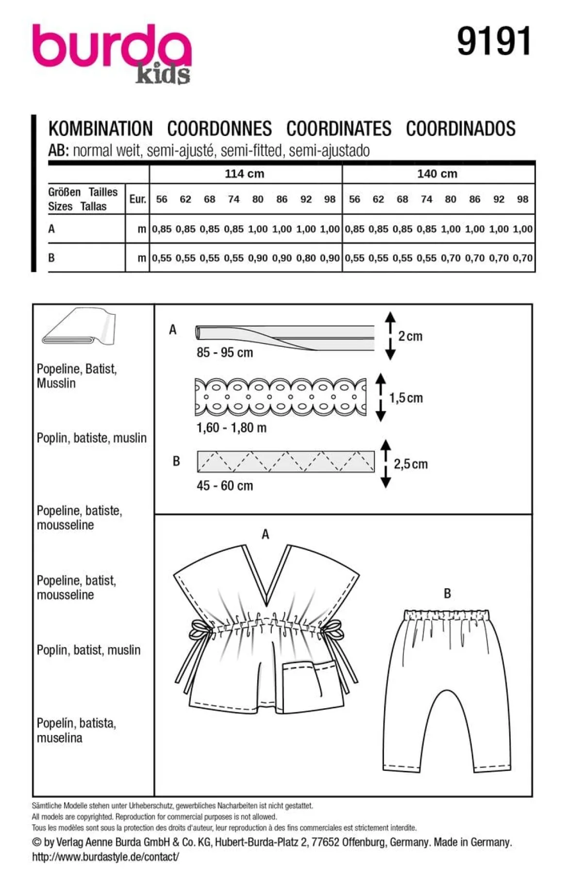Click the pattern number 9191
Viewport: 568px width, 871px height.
point(494,42)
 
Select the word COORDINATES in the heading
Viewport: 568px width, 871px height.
point(338,129)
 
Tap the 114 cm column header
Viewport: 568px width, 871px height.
point(244,173)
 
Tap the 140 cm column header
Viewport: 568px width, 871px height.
point(437,173)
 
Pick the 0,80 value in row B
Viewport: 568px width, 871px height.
point(306,258)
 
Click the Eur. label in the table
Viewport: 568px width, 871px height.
point(138,199)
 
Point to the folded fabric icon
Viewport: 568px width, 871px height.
point(79,326)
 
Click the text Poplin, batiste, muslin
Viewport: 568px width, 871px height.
point(91,438)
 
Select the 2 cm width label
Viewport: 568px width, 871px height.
point(410,336)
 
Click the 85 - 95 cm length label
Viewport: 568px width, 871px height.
point(225,353)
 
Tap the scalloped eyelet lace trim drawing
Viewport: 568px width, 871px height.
point(281,397)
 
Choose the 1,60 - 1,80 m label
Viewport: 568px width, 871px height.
point(232,428)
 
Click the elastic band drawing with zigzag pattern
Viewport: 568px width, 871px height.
point(286,461)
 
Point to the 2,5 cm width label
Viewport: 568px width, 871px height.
point(411,464)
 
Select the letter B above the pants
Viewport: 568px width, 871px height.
point(447,594)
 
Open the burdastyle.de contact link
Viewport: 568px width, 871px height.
point(105,857)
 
